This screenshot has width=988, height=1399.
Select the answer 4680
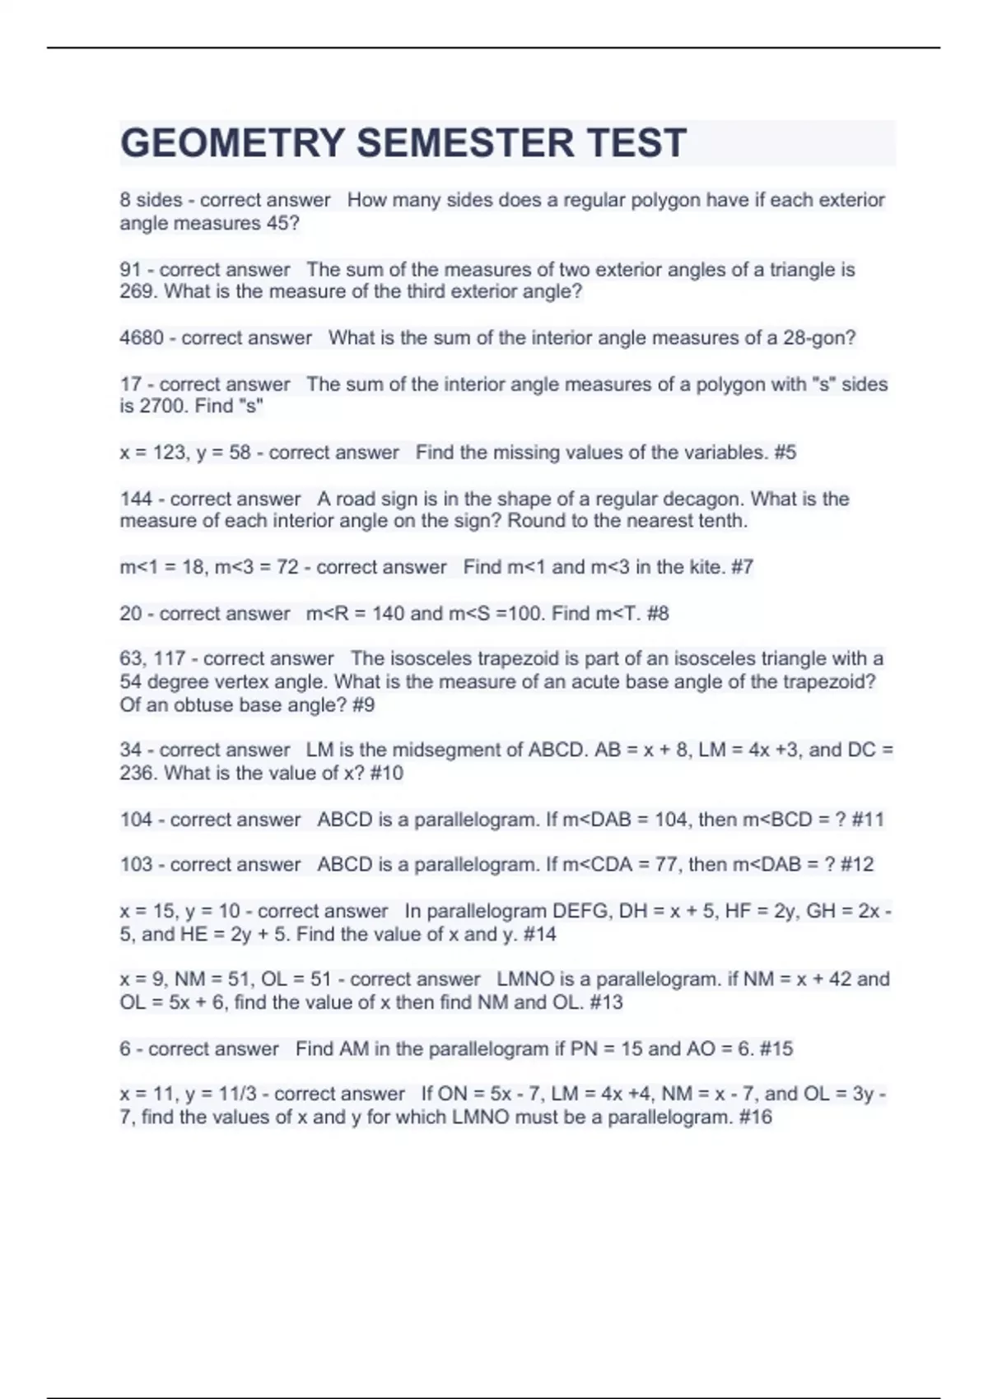point(141,337)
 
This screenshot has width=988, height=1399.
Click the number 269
point(137,291)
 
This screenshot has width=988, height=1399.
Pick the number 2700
point(163,406)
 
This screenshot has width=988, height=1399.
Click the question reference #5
point(785,452)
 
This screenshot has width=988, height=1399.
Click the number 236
point(137,773)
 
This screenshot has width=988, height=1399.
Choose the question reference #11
point(868,819)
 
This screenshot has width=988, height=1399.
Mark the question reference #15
point(776,1048)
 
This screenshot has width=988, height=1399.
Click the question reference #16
point(755,1117)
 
